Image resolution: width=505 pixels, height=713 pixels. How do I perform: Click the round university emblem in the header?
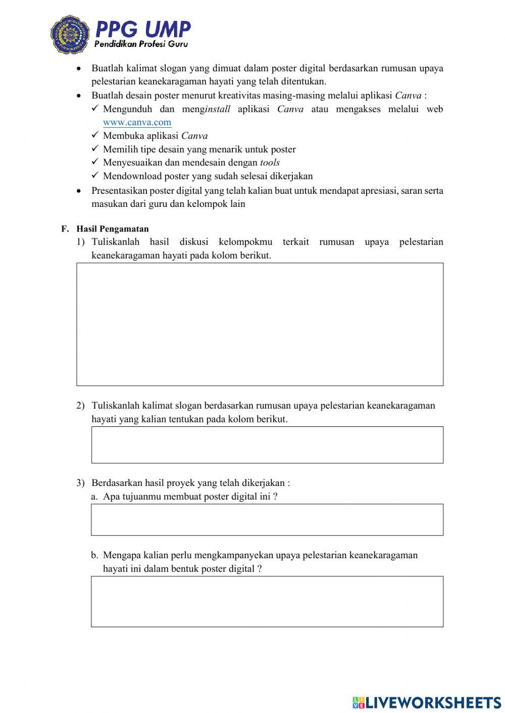[70, 34]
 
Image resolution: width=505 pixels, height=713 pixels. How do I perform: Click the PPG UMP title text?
[143, 29]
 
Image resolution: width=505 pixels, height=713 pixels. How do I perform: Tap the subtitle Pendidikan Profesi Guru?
[141, 44]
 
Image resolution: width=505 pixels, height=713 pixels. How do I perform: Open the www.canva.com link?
[137, 122]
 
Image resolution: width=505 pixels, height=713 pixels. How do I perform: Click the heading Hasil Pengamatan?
[113, 229]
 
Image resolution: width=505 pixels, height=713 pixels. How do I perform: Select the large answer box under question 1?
[260, 324]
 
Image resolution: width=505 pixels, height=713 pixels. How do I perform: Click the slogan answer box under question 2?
[267, 445]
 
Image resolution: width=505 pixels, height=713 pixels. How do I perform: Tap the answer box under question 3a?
[267, 519]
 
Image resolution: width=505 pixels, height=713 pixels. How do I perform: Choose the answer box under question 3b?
[267, 601]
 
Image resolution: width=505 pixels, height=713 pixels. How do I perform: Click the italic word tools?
[270, 162]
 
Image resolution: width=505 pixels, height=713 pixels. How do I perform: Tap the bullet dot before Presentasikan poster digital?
[78, 191]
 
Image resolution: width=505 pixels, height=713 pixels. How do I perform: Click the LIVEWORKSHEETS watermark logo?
[427, 702]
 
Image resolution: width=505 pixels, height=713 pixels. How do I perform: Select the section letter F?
[65, 229]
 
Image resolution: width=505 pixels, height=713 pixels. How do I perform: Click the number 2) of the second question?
[80, 405]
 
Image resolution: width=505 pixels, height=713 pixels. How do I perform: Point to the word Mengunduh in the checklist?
[127, 109]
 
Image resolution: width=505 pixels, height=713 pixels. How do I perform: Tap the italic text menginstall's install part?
[218, 109]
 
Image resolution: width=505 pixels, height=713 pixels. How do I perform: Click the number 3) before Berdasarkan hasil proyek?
[80, 483]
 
